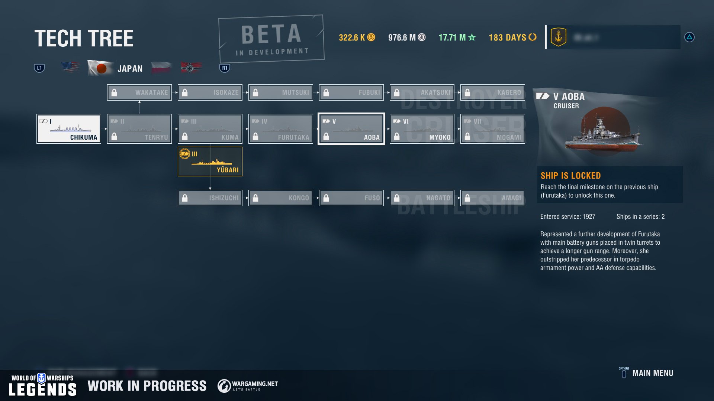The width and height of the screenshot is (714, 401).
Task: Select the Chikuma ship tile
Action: click(x=69, y=129)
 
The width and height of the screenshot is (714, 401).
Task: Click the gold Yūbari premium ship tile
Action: click(x=210, y=162)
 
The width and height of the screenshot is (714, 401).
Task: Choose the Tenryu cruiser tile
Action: click(x=139, y=129)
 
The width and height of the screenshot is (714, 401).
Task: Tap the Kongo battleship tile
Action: click(x=281, y=198)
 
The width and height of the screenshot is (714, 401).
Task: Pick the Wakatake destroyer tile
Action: click(x=139, y=92)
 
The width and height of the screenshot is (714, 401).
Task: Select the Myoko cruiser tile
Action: click(x=422, y=129)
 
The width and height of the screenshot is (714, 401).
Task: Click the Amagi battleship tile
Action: click(x=493, y=198)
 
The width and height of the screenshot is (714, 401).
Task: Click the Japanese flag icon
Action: click(x=100, y=68)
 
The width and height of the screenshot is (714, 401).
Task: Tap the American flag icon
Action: click(x=70, y=67)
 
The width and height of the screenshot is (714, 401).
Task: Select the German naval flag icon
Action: click(x=191, y=68)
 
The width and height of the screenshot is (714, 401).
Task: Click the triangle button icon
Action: click(x=689, y=37)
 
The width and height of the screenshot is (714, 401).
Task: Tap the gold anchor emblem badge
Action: click(x=558, y=37)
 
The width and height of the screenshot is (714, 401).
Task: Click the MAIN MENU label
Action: click(x=653, y=373)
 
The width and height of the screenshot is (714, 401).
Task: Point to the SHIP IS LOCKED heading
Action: click(x=570, y=176)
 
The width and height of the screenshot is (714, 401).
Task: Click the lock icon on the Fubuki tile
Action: click(x=326, y=93)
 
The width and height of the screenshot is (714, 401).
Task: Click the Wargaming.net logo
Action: click(x=248, y=386)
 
